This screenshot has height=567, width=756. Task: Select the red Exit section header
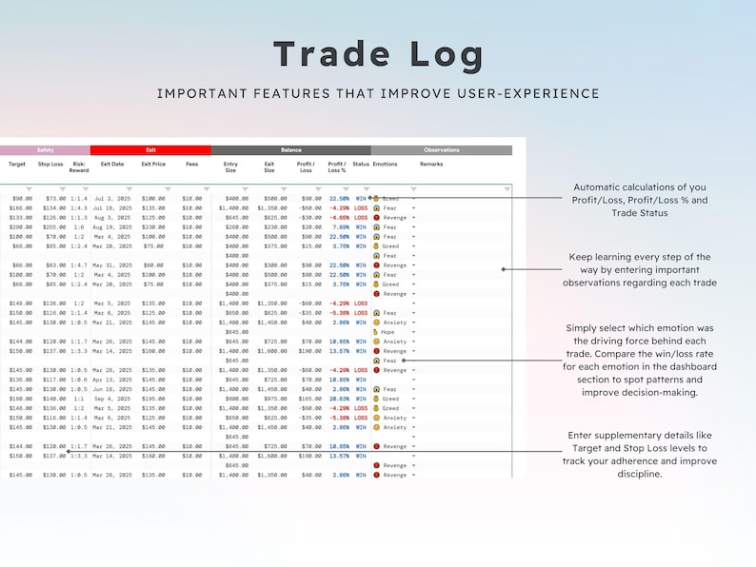click(150, 150)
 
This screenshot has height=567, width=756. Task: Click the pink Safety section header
click(45, 150)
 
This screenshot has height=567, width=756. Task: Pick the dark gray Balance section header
click(290, 150)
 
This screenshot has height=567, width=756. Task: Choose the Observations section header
click(441, 150)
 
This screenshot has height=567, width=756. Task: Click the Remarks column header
click(431, 165)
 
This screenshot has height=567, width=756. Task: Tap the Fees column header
click(192, 165)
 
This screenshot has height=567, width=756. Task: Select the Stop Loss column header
click(50, 165)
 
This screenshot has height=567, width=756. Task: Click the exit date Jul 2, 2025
click(112, 199)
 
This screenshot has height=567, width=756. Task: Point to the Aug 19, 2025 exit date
click(112, 227)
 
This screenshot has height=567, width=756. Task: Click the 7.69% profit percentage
click(340, 227)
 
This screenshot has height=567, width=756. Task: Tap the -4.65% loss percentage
click(340, 218)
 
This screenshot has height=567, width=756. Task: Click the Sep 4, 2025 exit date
click(112, 399)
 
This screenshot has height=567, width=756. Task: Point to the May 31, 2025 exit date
click(112, 265)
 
